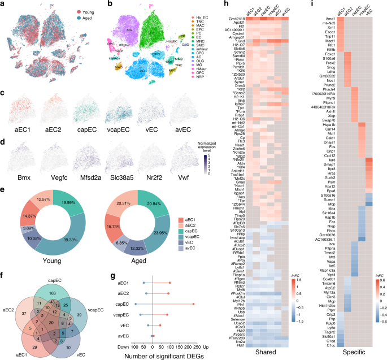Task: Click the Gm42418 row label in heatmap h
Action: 229,19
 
